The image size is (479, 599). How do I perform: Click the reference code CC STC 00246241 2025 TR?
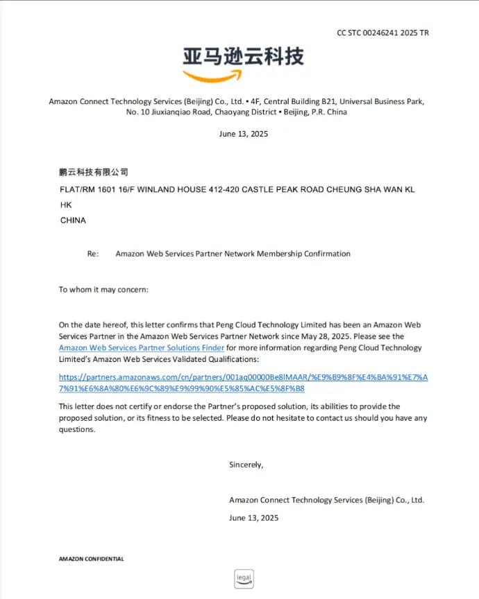tap(383, 33)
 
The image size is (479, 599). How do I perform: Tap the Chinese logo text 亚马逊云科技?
tap(243, 55)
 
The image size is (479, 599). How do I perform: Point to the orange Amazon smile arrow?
tap(212, 75)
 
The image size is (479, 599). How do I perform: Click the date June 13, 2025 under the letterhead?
tap(243, 134)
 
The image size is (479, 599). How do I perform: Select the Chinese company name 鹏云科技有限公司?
tap(94, 172)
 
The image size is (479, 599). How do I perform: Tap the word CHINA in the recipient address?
tap(73, 220)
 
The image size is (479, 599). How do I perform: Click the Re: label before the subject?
tap(93, 254)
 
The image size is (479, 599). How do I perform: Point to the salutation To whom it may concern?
tap(103, 290)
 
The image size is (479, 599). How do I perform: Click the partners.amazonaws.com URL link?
tap(243, 383)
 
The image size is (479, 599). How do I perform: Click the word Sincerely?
tap(246, 465)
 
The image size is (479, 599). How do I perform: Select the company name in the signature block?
tap(326, 500)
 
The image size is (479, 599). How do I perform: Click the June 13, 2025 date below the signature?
tap(253, 518)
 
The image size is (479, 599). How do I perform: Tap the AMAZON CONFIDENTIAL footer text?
tap(91, 559)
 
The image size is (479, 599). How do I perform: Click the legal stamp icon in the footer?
tap(243, 579)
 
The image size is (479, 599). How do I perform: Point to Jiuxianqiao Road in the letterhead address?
tap(180, 112)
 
